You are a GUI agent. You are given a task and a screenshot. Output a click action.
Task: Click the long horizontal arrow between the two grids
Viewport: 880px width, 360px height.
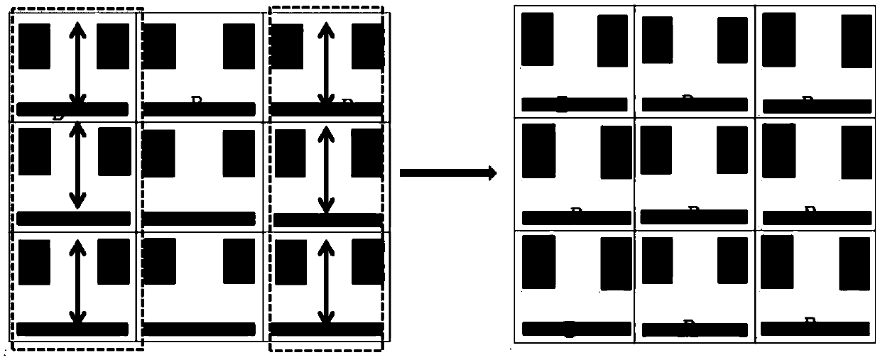tap(447, 173)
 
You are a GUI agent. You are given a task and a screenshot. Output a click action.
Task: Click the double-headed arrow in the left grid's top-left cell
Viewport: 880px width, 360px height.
tap(77, 64)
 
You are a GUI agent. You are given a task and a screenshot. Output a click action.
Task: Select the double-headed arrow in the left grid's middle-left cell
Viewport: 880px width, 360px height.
tap(77, 168)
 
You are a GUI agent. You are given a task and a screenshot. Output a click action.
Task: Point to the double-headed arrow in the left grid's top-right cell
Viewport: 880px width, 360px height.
tap(325, 64)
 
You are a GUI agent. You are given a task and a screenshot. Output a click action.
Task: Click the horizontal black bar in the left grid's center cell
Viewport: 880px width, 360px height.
tap(199, 219)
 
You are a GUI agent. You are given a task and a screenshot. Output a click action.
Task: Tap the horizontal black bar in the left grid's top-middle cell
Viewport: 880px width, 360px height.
tap(199, 109)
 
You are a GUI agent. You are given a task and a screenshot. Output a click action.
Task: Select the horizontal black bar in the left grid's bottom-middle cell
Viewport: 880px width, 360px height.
tap(199, 329)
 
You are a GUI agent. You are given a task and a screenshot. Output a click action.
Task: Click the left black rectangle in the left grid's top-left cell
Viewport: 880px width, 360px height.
tap(34, 46)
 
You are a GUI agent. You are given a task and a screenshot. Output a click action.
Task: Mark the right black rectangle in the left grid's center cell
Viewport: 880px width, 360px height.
tap(239, 153)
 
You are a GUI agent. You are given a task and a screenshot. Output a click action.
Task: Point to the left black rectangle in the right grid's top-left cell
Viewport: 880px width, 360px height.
tap(537, 40)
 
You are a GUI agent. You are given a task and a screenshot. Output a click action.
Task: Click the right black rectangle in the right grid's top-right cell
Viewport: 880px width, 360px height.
tap(857, 41)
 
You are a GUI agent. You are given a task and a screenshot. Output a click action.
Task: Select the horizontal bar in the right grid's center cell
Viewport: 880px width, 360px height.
tap(694, 217)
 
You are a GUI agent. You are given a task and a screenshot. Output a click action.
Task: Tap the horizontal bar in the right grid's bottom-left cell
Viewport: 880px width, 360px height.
tap(576, 329)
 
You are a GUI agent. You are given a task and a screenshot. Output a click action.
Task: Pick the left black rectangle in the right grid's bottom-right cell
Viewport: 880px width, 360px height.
tap(777, 261)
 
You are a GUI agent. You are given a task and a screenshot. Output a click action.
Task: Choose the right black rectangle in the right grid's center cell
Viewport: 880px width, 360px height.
tap(732, 150)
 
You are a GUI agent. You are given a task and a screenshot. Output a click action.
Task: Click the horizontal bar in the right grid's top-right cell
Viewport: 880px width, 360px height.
tap(815, 106)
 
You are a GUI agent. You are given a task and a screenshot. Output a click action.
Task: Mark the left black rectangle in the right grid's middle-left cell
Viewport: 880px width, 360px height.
tap(539, 151)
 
